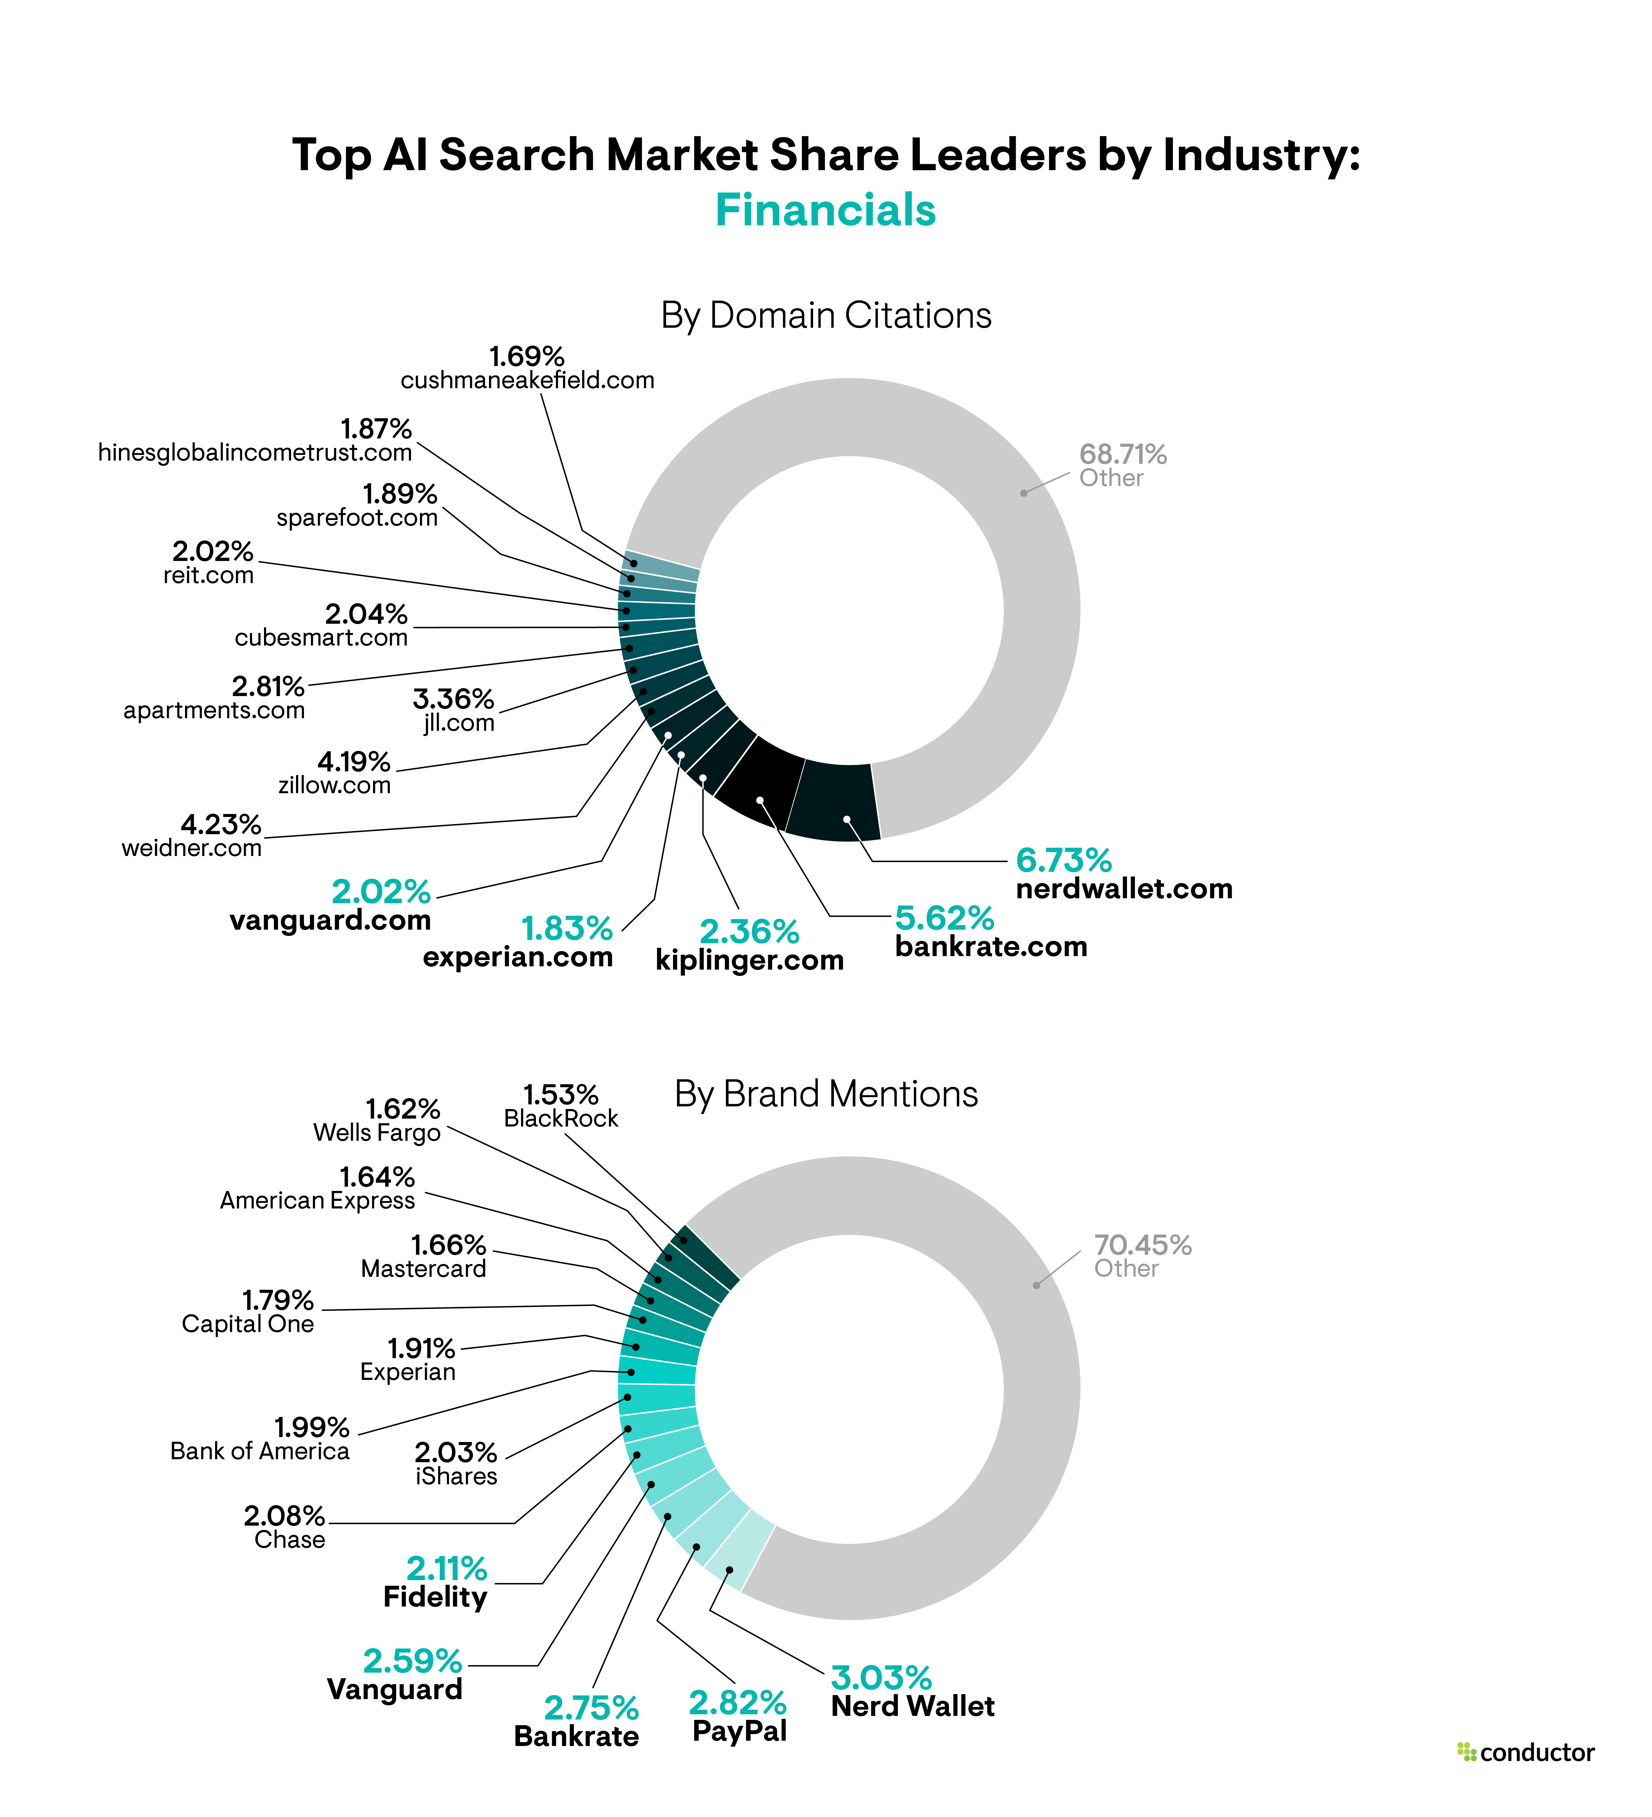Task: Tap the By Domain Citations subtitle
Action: (x=826, y=315)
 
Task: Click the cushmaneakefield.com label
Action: (x=527, y=380)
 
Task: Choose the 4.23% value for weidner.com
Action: (x=221, y=824)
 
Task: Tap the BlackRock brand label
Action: (x=561, y=1119)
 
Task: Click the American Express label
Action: (x=317, y=1201)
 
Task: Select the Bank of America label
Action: (x=260, y=1451)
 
